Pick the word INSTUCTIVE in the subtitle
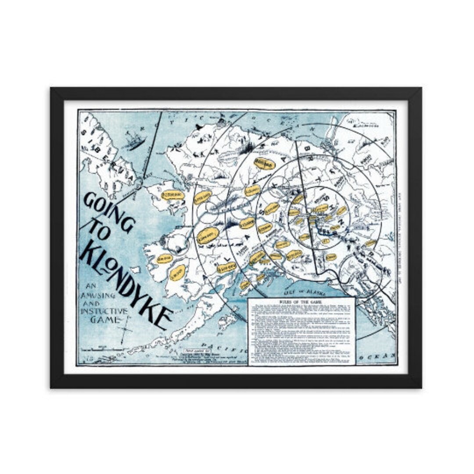point(104,311)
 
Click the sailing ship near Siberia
point(134,140)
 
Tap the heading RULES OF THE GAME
point(301,303)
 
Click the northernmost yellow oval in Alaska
point(263,163)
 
